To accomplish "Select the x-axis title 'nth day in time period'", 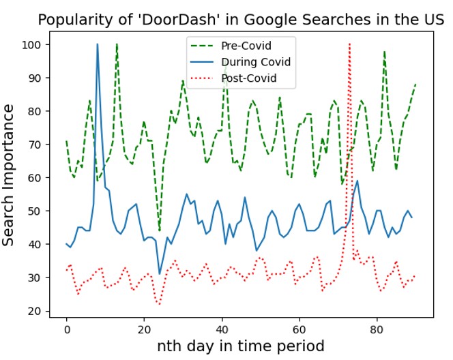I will pyautogui.click(x=241, y=345).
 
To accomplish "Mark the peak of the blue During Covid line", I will pyautogui.click(x=98, y=44).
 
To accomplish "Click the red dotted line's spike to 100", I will pyautogui.click(x=349, y=44).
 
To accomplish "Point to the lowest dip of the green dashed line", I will pyautogui.click(x=160, y=230).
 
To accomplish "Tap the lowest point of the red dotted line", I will pyautogui.click(x=160, y=304).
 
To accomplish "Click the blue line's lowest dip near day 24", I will pyautogui.click(x=160, y=274).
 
